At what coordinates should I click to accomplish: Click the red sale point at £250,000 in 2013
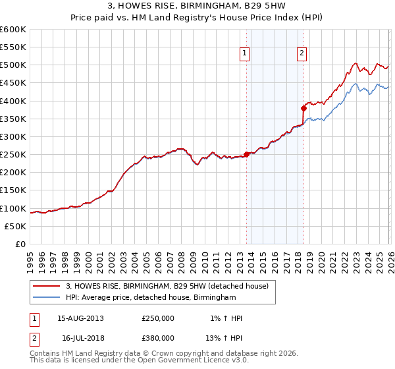[246, 155]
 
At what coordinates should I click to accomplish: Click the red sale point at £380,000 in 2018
[303, 108]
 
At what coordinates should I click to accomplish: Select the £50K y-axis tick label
[16, 226]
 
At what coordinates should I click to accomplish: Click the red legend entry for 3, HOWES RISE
[167, 287]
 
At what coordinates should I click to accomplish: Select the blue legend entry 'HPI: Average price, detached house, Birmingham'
[151, 298]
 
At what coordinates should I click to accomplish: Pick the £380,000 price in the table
[158, 337]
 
